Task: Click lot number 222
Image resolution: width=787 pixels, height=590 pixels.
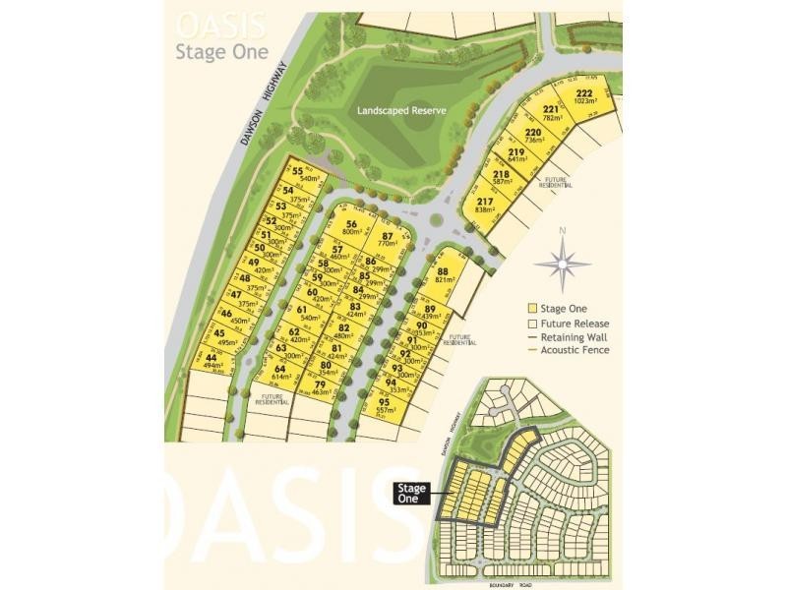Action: pyautogui.click(x=584, y=96)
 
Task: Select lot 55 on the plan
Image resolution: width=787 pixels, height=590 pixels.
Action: pyautogui.click(x=299, y=174)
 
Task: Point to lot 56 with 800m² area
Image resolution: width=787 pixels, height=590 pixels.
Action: pyautogui.click(x=350, y=228)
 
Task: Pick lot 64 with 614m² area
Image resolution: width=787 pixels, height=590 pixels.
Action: pyautogui.click(x=280, y=372)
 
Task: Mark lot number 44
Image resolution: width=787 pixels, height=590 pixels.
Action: pyautogui.click(x=212, y=361)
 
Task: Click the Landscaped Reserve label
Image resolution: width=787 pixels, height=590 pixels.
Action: pyautogui.click(x=400, y=112)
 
